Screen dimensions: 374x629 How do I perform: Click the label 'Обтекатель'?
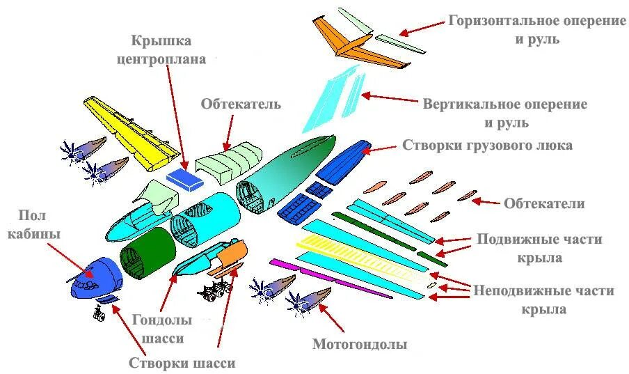pos(241,104)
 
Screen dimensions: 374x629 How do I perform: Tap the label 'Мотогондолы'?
pos(359,344)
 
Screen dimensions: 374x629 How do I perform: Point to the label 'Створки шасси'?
pos(182,363)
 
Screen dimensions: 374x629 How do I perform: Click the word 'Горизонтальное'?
pos(493,21)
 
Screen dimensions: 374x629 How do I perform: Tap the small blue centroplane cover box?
pos(184,178)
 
